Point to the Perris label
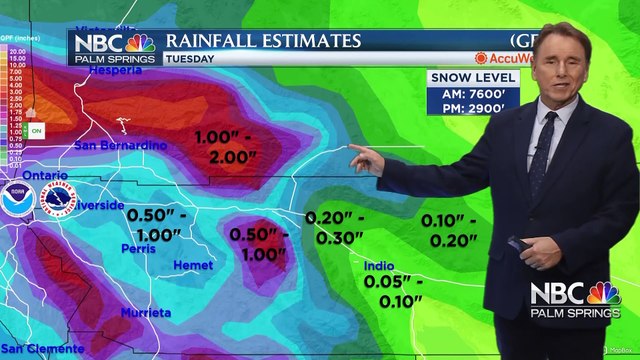[138, 248]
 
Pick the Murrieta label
[146, 313]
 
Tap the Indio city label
[377, 265]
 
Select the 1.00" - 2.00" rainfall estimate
[235, 146]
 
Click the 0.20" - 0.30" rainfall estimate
[335, 228]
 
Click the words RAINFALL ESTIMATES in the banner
[262, 41]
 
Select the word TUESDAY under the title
[191, 58]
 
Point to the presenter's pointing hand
[366, 159]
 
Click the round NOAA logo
[16, 196]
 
